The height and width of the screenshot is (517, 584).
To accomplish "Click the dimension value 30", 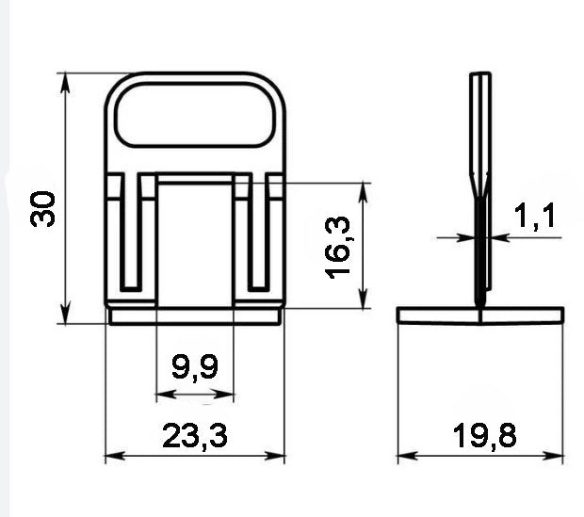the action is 42,208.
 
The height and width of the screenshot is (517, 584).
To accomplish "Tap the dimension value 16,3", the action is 337,248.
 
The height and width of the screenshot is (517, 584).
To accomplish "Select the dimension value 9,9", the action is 195,368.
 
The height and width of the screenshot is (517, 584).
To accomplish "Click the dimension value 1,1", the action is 534,216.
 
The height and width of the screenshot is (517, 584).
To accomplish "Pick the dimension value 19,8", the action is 484,436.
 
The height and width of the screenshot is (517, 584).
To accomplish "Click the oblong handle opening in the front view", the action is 195,115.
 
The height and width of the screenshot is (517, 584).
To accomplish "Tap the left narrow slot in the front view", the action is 131,232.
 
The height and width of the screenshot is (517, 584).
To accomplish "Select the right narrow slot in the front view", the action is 258,232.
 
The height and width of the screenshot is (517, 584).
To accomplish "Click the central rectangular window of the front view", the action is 195,245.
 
